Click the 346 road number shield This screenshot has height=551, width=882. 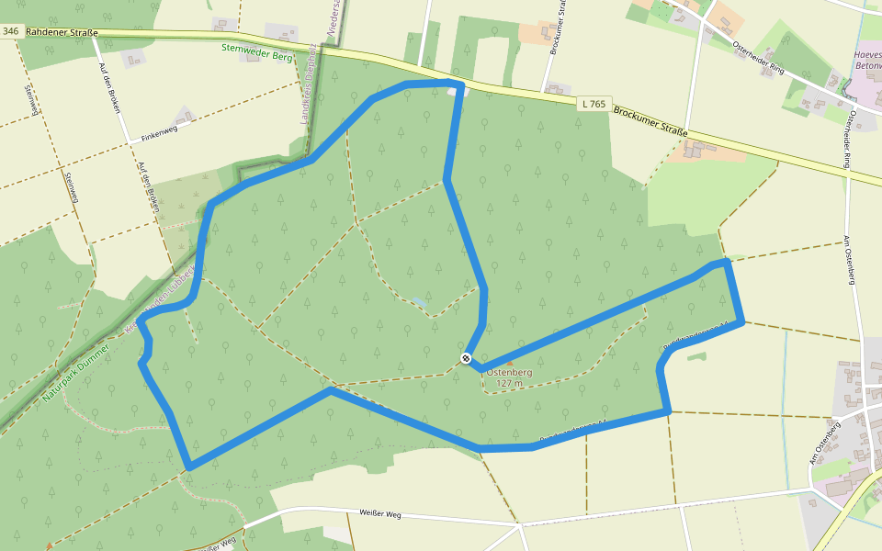point(11,31)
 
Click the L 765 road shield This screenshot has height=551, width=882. point(594,104)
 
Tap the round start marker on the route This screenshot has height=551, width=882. point(467,358)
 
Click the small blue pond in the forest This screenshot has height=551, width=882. point(419,300)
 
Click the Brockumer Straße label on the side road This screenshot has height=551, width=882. point(556,28)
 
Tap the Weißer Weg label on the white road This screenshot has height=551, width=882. point(380,513)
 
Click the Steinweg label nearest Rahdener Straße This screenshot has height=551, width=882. point(30,100)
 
